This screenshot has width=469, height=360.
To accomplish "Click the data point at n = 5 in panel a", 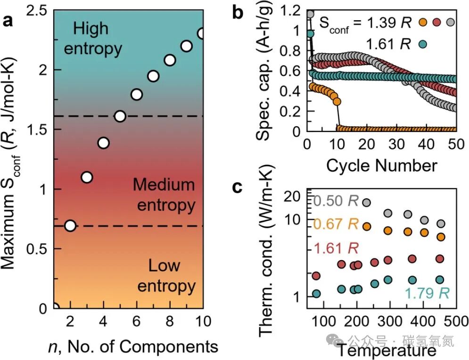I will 120,116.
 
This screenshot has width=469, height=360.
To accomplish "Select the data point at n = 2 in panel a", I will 70,226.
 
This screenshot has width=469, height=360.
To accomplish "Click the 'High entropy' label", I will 92,39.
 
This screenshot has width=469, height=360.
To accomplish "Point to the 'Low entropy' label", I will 165,276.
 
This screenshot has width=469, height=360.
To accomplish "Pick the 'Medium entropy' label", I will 164,195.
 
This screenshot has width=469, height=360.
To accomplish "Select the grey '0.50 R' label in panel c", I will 335,202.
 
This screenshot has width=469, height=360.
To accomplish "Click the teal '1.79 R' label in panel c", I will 427,294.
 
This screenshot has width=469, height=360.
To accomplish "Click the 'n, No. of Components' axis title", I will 133,347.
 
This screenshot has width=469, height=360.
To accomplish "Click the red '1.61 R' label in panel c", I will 335,249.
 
